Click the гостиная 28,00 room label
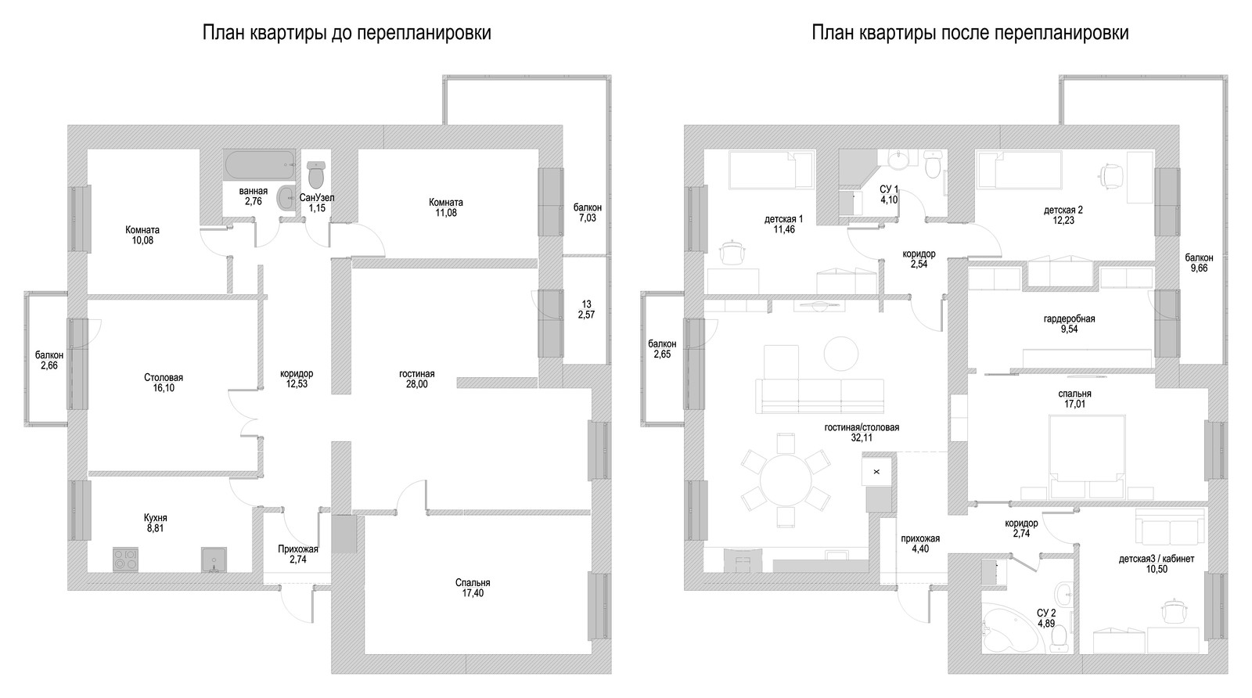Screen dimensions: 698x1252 point(416,379)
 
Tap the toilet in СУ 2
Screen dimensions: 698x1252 point(1060,639)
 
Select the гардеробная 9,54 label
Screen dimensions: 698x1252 point(1069,324)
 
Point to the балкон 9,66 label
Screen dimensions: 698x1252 point(1199,262)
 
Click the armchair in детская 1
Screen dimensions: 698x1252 point(732,251)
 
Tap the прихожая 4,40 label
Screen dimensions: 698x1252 point(920,543)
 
